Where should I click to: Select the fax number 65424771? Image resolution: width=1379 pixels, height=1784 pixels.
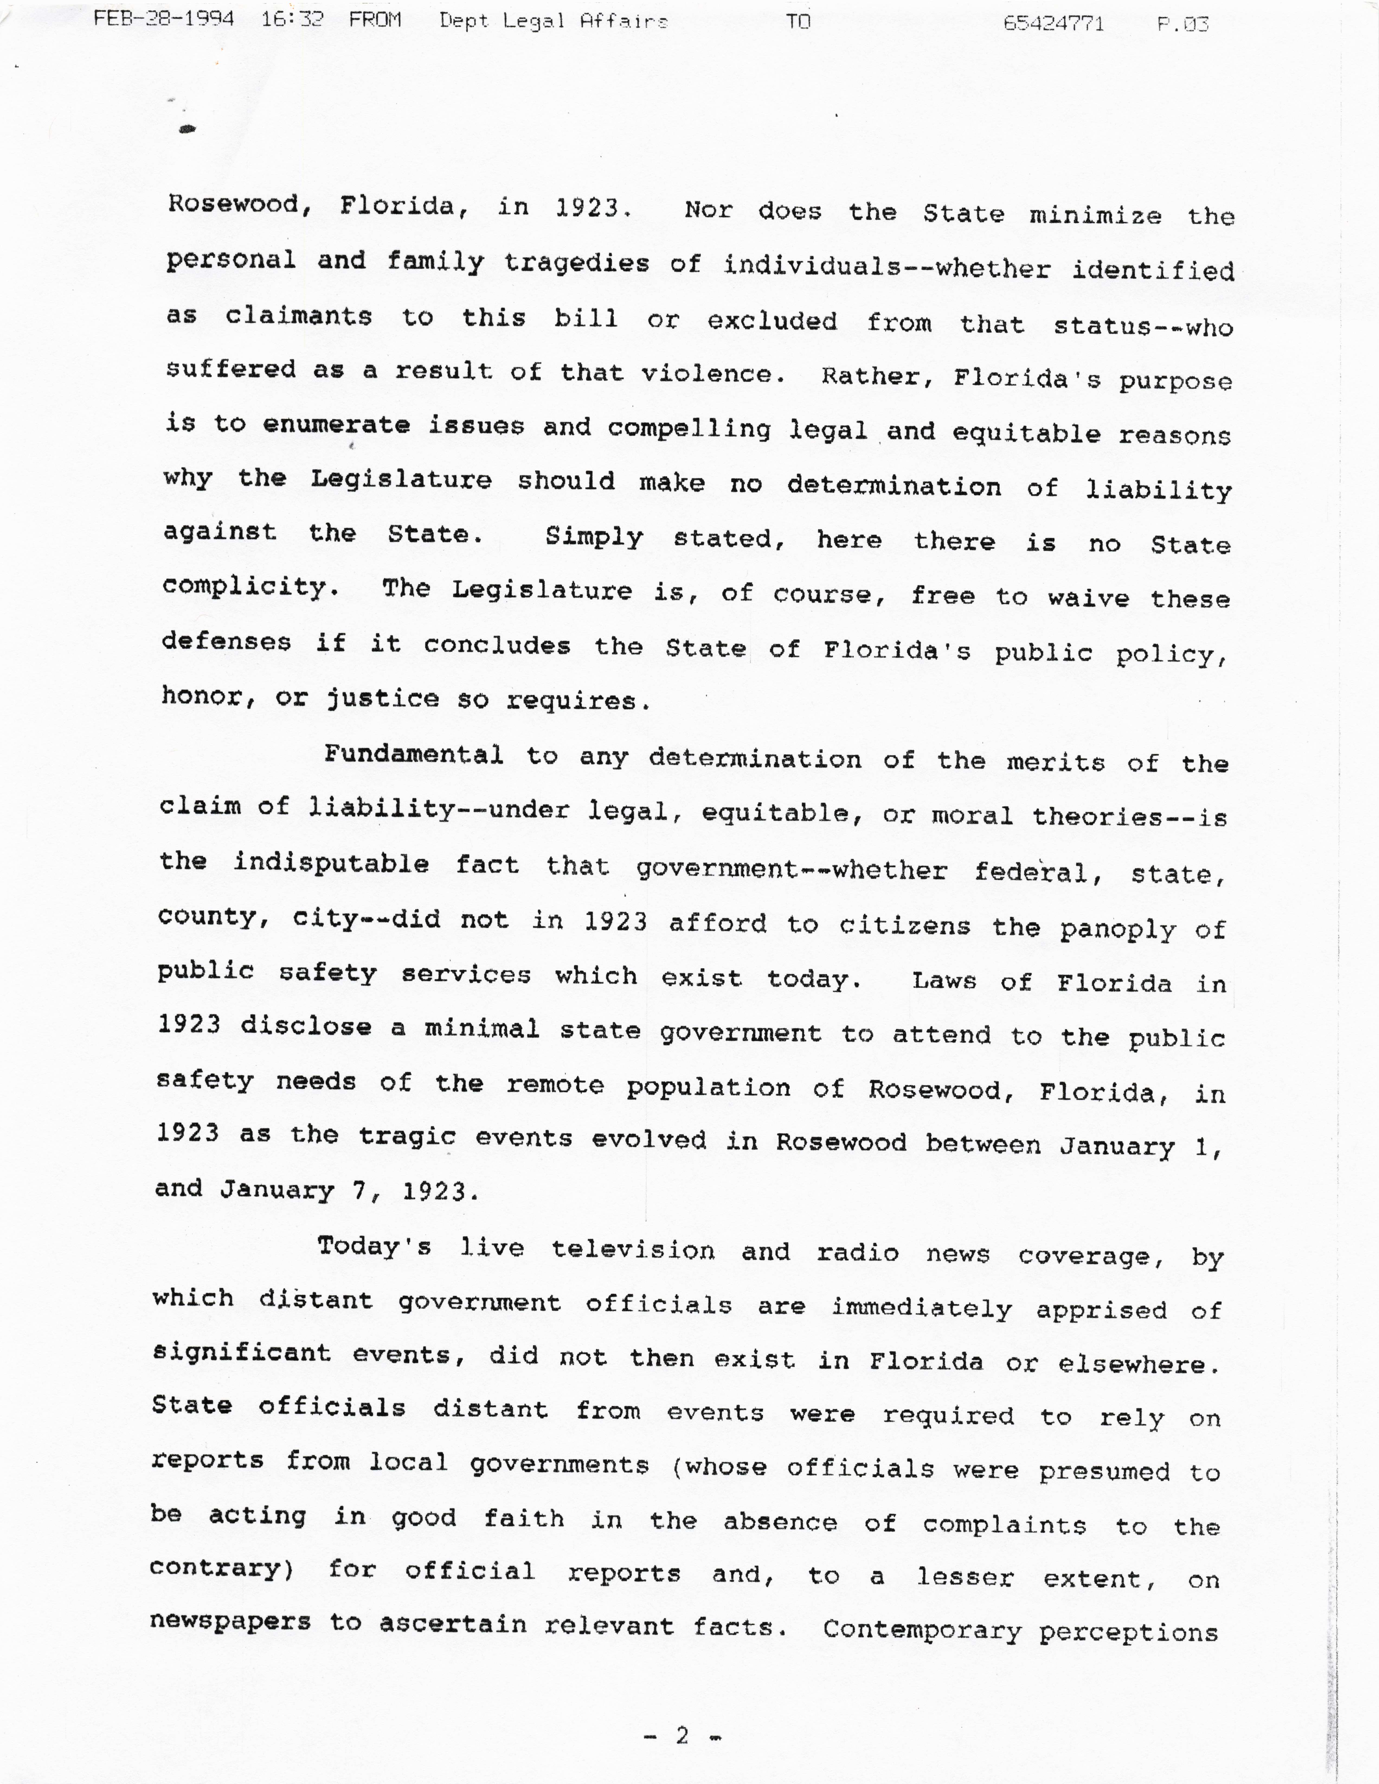1053,23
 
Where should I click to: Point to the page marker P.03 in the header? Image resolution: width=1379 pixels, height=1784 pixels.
1182,24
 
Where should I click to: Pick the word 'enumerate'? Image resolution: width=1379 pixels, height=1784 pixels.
336,425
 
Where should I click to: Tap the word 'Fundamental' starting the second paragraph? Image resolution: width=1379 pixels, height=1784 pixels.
413,754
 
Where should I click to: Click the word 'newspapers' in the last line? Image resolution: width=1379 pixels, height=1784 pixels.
230,1622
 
